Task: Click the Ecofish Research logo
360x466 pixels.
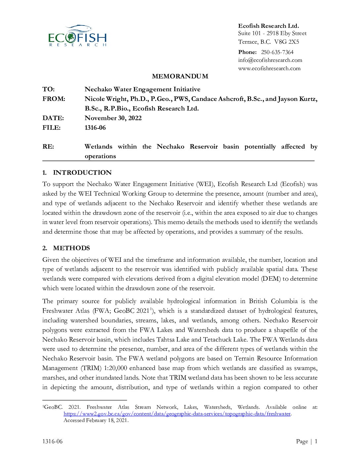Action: click(77, 36)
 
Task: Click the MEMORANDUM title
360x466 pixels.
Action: click(180, 76)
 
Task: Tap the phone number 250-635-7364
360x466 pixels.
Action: click(277, 52)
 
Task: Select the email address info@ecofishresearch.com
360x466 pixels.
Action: click(270, 60)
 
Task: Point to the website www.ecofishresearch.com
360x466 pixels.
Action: click(269, 69)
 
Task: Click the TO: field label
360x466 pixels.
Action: click(49, 89)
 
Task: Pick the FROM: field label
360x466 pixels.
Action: click(54, 99)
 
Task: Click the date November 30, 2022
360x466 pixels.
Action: click(113, 118)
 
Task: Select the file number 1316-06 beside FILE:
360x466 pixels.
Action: click(95, 128)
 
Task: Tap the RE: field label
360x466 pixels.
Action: click(48, 147)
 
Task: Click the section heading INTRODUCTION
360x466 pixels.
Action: click(82, 173)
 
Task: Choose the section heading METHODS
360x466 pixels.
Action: click(71, 248)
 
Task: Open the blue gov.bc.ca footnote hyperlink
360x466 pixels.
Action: click(177, 414)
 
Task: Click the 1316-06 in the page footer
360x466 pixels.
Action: click(52, 441)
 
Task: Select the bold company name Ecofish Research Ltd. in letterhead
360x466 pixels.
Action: click(268, 26)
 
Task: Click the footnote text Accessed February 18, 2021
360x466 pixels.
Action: click(96, 420)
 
